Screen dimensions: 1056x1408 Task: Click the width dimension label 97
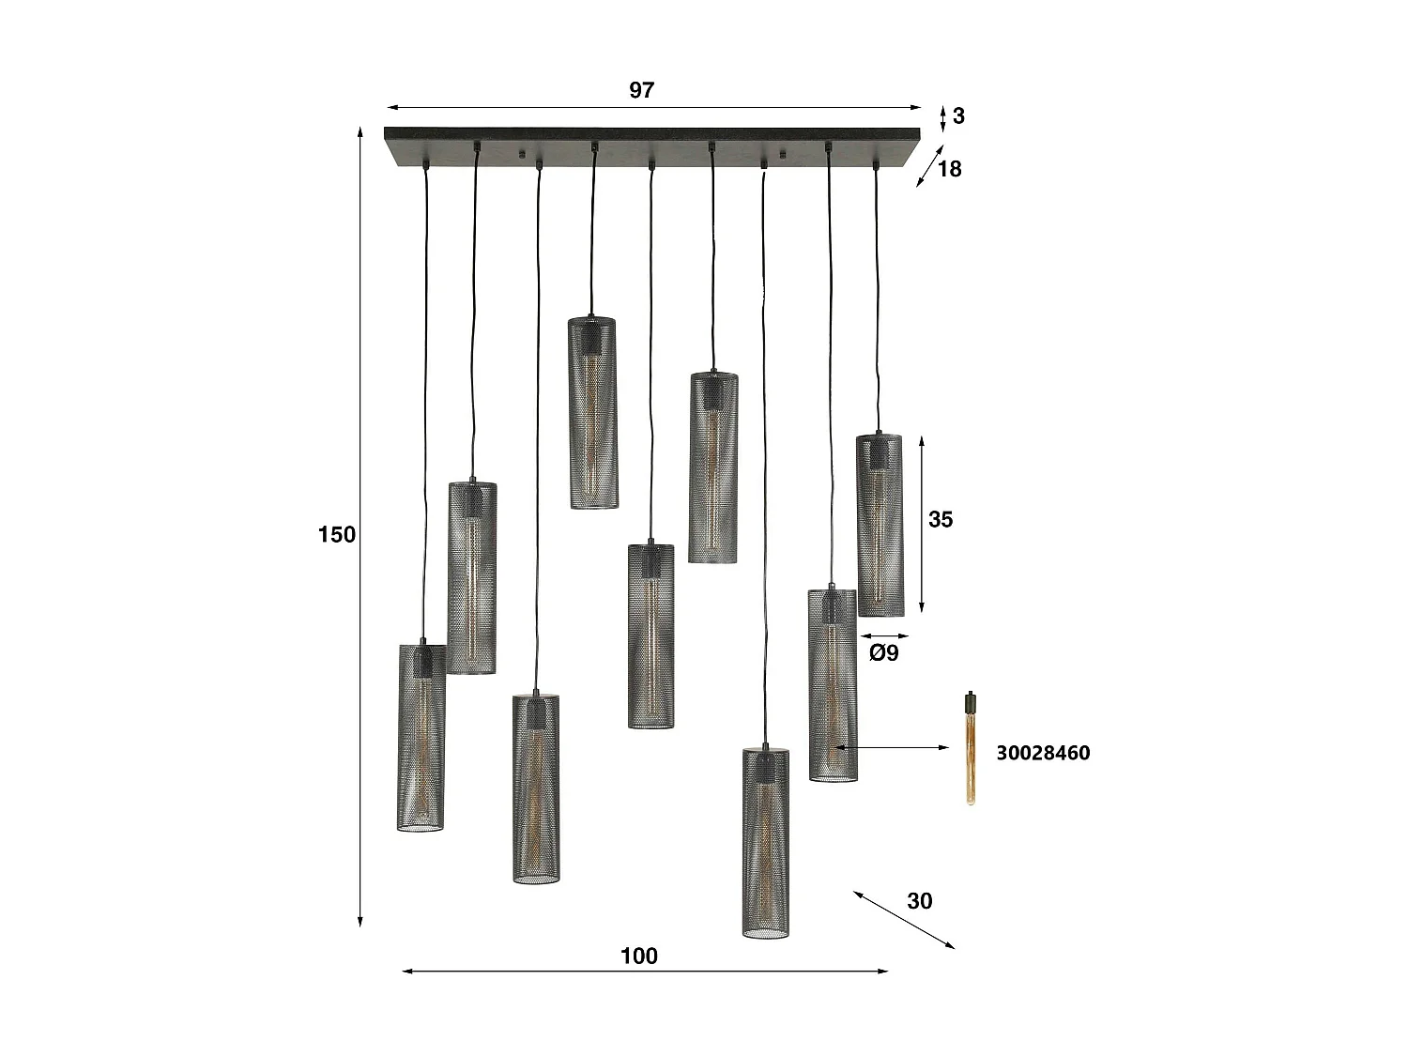coord(641,90)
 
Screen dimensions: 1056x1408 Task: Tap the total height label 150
coord(337,534)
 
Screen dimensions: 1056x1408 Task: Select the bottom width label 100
coord(639,956)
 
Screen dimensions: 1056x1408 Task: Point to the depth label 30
coord(920,900)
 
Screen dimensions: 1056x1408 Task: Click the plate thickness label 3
coord(958,115)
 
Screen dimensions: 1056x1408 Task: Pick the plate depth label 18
coord(950,169)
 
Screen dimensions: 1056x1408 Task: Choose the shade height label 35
coord(941,519)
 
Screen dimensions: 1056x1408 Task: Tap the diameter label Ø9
coord(883,652)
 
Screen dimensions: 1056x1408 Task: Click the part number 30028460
coord(1043,753)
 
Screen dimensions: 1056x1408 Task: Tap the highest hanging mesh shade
coord(593,413)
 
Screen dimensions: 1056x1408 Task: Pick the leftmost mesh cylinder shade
coord(421,737)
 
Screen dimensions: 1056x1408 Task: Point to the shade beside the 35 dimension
coord(880,525)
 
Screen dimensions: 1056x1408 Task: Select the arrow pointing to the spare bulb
coord(893,748)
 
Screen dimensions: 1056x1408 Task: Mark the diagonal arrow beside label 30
coord(904,920)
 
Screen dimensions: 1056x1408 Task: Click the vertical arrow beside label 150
coord(360,526)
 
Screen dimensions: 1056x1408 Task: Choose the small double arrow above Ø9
coord(883,635)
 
